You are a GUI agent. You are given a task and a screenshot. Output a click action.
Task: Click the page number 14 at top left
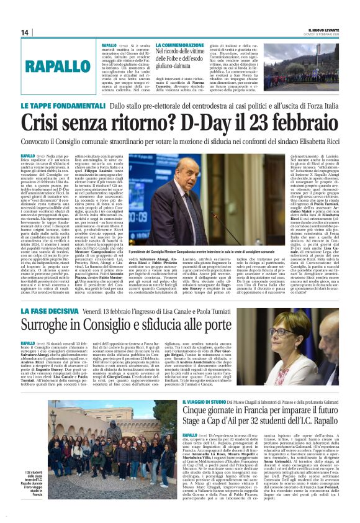click(x=25, y=32)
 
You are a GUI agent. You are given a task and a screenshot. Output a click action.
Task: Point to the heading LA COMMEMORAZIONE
click(x=183, y=45)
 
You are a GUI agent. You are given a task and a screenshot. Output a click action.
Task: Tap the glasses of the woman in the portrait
click(x=294, y=327)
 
